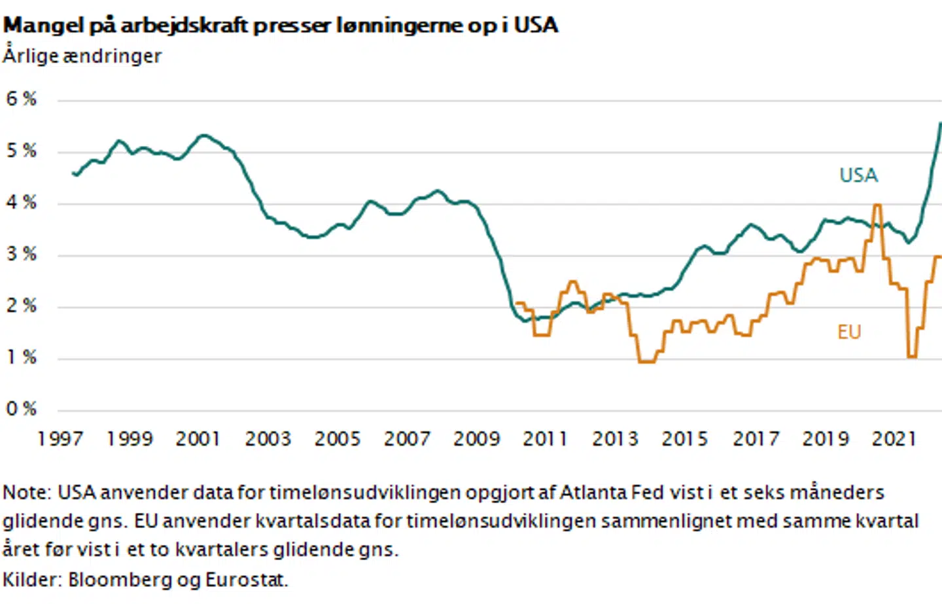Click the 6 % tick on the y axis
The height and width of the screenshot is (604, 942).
pyautogui.click(x=21, y=99)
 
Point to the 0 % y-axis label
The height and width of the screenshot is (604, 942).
pyautogui.click(x=21, y=409)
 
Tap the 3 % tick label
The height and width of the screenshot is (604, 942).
pyautogui.click(x=21, y=254)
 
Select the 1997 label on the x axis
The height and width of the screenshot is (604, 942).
pyautogui.click(x=60, y=438)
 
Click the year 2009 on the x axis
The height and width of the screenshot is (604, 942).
pyautogui.click(x=476, y=438)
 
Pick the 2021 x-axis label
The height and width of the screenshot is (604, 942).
pyautogui.click(x=894, y=438)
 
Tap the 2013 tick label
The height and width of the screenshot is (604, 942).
pyautogui.click(x=615, y=438)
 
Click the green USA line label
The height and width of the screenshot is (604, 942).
pyautogui.click(x=858, y=175)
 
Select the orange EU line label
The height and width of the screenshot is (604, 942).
pyautogui.click(x=849, y=332)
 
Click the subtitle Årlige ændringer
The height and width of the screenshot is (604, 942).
pyautogui.click(x=82, y=56)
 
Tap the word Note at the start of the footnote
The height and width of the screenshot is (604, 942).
pyautogui.click(x=26, y=492)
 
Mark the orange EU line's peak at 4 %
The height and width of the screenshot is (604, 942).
pyautogui.click(x=877, y=205)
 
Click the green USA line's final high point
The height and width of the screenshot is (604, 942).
pyautogui.click(x=940, y=123)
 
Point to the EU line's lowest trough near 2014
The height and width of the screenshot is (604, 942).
pyautogui.click(x=646, y=361)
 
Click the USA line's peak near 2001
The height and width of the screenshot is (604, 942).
pyautogui.click(x=204, y=135)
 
